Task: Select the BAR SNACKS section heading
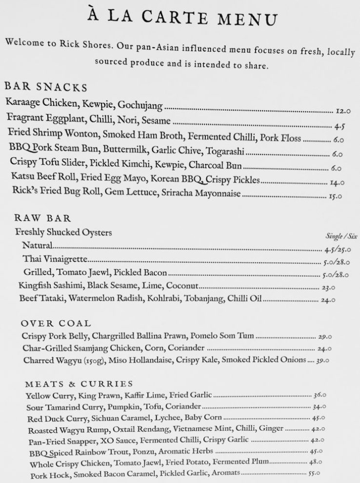[46, 87]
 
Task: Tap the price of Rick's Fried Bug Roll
[336, 197]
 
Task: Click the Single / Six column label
[341, 236]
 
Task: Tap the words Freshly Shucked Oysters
[64, 232]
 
